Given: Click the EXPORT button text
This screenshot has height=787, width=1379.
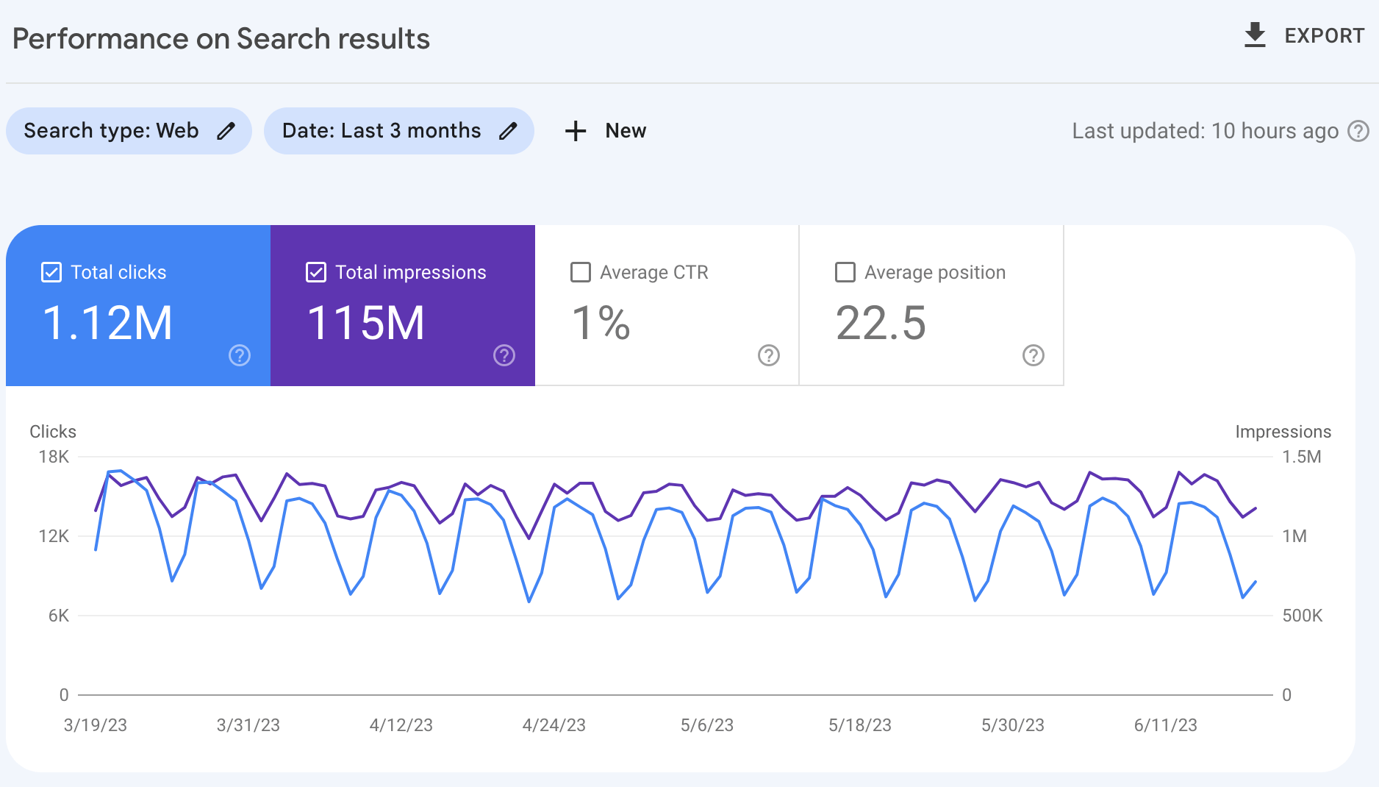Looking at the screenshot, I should point(1324,36).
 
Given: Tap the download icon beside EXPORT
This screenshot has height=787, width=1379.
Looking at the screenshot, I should point(1255,35).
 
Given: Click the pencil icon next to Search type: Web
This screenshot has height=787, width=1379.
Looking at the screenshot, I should point(226,131).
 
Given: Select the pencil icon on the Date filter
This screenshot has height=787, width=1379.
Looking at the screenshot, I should point(508,131).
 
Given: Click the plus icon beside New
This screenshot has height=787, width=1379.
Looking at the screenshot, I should point(576,131).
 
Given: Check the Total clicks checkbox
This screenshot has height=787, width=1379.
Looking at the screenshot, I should point(51,272).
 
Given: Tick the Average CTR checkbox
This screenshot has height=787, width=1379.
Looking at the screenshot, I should point(581,272).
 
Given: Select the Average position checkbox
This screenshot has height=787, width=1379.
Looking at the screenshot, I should point(845,272).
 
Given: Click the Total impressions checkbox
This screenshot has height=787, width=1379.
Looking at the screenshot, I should point(316,272).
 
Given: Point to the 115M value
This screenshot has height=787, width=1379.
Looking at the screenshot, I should point(366,323).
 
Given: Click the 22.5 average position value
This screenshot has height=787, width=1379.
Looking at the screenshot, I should point(881,323).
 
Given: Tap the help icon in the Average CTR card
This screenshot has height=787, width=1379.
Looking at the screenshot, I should point(768,355).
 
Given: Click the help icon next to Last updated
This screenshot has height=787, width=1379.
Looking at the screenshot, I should point(1358,131).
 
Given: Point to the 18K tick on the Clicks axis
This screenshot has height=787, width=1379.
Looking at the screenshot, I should point(54,457).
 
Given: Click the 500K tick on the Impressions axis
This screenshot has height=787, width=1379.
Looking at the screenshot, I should point(1302,616).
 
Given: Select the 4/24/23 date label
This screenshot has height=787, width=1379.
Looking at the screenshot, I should point(554,725).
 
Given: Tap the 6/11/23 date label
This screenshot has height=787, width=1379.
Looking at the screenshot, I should point(1165,725).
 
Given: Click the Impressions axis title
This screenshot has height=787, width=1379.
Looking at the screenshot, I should point(1283,432).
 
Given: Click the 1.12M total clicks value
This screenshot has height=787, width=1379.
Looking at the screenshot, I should point(107,323).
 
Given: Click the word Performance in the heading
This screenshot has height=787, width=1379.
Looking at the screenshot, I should point(101,39).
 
